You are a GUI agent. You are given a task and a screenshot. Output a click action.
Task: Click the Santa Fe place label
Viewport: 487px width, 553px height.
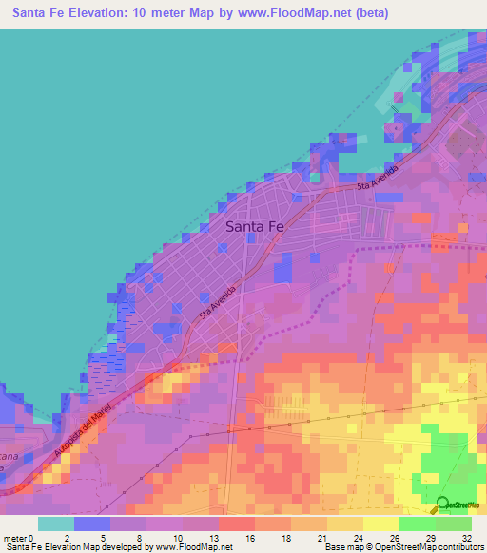tap(254, 227)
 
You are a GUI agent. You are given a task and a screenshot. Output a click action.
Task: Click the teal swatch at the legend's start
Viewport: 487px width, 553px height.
tap(56, 524)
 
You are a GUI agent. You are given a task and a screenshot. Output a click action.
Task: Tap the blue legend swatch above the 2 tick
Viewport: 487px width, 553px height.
tap(92, 524)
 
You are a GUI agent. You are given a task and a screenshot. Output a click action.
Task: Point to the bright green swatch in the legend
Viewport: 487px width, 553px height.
tap(418, 524)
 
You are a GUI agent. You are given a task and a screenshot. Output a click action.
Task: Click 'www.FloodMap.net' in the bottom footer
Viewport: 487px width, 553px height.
tap(194, 547)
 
